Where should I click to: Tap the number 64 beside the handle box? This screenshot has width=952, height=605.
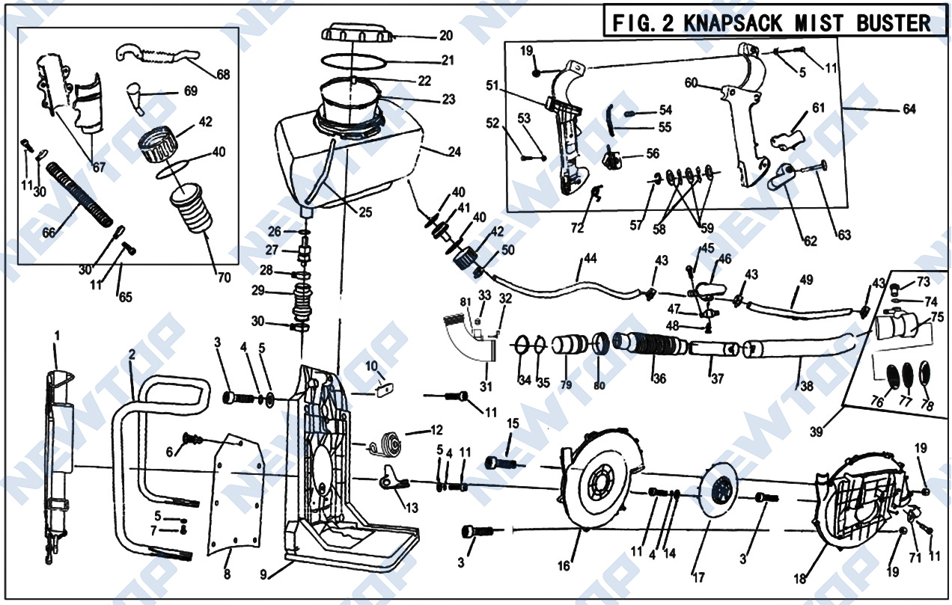point(909,110)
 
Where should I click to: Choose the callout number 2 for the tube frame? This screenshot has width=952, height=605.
point(132,356)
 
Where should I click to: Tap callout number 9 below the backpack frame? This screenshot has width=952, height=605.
point(263,574)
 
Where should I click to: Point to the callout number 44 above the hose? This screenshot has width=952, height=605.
point(591,258)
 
